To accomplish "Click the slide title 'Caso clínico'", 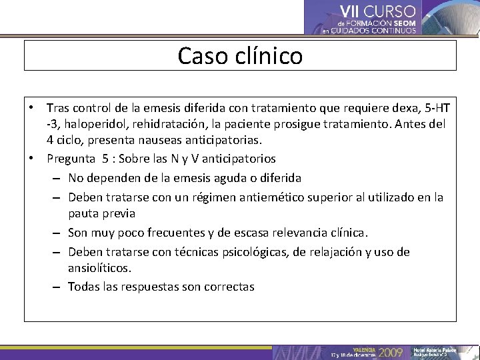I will point(240,55).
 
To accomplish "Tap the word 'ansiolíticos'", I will point(99,267).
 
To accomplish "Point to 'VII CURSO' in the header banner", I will point(377,11).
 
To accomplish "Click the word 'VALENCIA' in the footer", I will point(363,349).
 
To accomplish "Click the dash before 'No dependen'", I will point(57,179).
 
